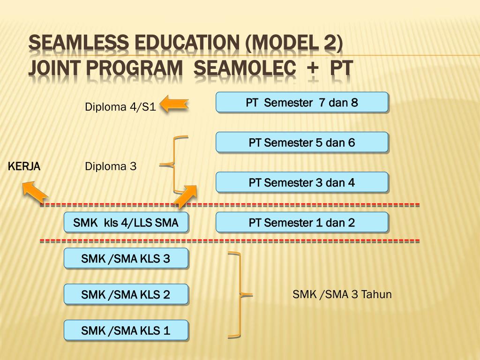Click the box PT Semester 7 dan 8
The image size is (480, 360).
[302, 102]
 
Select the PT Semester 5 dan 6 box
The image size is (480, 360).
[302, 142]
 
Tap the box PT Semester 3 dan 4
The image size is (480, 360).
[302, 182]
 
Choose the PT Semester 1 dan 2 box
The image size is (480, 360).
[302, 223]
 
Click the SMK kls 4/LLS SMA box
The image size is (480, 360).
[126, 223]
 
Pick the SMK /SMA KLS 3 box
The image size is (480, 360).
[126, 258]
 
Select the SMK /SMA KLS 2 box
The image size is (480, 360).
[126, 294]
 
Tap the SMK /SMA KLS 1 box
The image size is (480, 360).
[126, 330]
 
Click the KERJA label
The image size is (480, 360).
[24, 166]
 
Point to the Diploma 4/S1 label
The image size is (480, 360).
[120, 107]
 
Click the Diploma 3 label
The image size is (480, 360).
[111, 166]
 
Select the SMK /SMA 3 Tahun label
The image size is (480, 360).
[342, 294]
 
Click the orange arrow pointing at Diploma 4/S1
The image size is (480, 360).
[174, 104]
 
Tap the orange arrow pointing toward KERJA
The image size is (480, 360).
[35, 192]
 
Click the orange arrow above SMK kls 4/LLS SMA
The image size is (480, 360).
[186, 196]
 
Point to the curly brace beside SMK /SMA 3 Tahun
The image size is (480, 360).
[240, 295]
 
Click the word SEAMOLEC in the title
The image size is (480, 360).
[245, 67]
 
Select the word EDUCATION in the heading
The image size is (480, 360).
[187, 42]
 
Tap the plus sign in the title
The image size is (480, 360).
[313, 68]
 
